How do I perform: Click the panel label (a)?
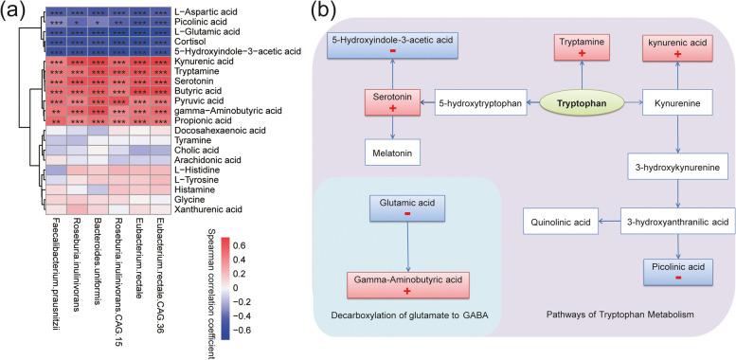tap(13, 10)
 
